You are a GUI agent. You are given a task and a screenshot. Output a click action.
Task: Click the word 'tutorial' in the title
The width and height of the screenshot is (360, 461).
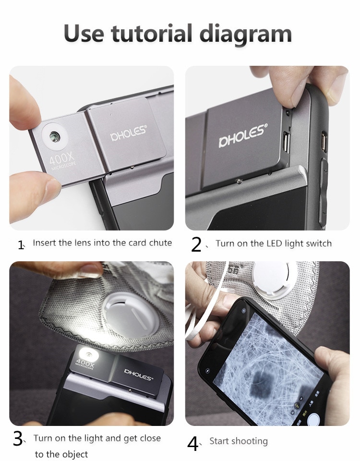(153, 34)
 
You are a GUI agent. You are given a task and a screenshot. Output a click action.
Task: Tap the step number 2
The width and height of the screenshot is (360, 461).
(196, 244)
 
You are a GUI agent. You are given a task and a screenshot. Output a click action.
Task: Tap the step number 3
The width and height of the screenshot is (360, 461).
(18, 438)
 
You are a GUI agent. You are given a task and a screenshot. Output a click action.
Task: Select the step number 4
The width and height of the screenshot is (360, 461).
(192, 443)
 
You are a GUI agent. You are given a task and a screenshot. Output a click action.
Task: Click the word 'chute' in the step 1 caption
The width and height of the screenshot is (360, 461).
(160, 243)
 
